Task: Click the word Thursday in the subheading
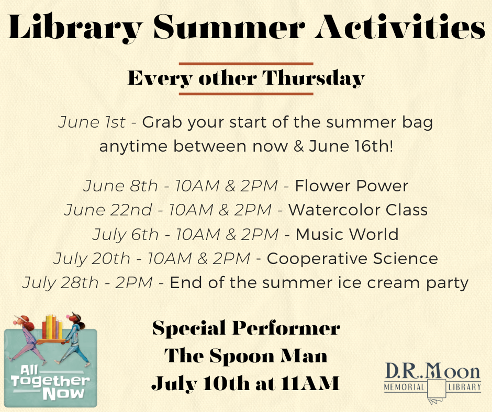pos(314,78)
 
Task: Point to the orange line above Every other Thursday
pos(246,64)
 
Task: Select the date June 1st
pos(92,122)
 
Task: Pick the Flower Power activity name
pos(351,186)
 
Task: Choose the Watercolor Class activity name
pos(358,210)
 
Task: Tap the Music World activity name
pos(347,234)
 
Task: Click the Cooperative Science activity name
pos(352,259)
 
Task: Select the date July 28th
pos(61,283)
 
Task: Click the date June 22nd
pos(108,210)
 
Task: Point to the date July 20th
pos(92,259)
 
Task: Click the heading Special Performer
pos(247,328)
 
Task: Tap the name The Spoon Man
pos(245,356)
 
